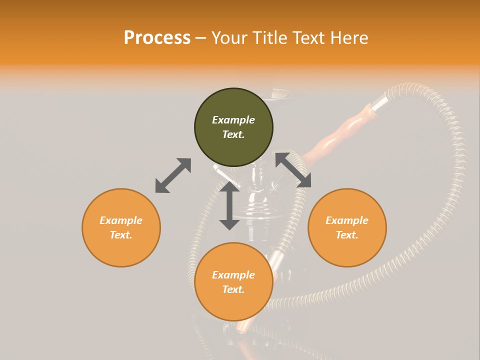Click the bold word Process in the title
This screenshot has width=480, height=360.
(x=157, y=38)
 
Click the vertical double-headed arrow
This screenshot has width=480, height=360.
(x=229, y=205)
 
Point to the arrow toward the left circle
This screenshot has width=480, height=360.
(x=173, y=175)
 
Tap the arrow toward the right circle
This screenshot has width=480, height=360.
(x=293, y=170)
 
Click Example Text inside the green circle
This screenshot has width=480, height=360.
(x=233, y=127)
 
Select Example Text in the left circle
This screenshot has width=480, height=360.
(x=121, y=227)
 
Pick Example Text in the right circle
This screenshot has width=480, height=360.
(x=347, y=227)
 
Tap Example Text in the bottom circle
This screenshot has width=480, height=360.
(x=233, y=282)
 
